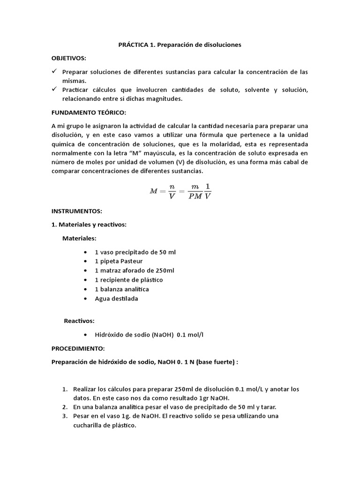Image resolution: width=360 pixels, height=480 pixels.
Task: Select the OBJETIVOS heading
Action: pos(68,58)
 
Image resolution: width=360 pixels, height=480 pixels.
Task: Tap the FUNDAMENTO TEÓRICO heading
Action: pos(89,113)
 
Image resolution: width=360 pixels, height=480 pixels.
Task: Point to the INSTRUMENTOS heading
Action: pos(76,211)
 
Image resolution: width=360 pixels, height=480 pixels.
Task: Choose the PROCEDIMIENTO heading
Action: pos(78,349)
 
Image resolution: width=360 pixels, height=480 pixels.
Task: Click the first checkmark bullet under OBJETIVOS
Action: pos(54,71)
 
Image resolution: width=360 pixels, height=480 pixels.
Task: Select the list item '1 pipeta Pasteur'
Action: pos(119,261)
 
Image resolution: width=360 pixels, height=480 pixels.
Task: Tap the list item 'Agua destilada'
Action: pos(116,299)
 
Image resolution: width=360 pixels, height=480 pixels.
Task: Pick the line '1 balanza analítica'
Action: pos(121,289)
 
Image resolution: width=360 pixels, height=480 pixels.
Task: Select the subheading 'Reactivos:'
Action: pos(79,321)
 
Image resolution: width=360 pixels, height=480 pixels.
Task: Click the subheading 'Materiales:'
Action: pos(79,238)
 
